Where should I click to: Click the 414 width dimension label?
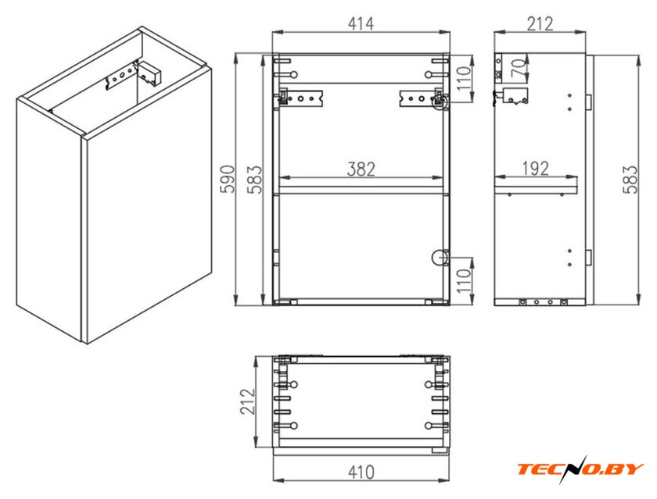pos(361,24)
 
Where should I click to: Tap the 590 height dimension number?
pos(228,179)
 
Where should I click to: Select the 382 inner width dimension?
pos(361,169)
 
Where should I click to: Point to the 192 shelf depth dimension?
pos(536,168)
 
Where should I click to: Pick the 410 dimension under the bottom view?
pos(361,472)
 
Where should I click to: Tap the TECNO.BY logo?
pos(580,469)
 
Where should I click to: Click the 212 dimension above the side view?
pos(540,24)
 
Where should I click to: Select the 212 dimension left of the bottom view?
pos(248,401)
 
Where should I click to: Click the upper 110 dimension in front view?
pos(465,78)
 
